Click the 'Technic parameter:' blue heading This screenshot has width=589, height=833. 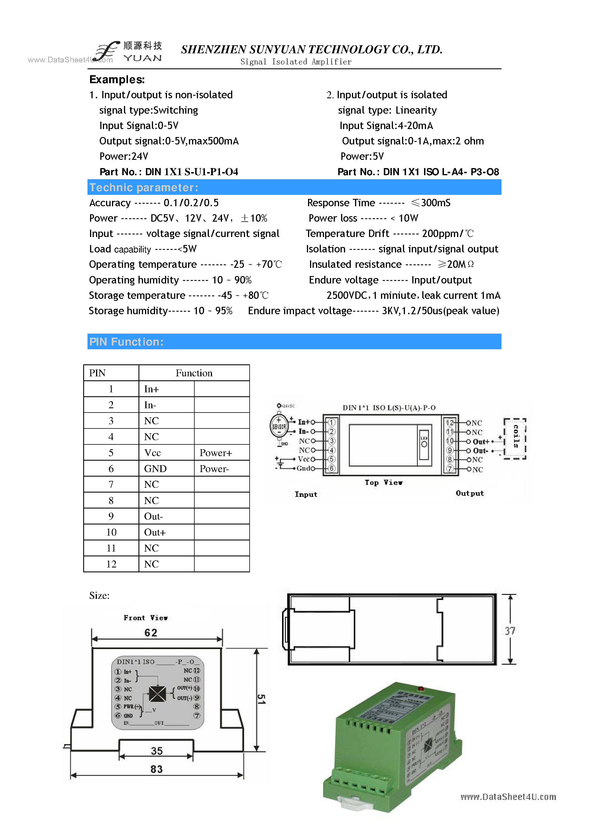pos(144,187)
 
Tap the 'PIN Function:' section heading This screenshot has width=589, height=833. pos(126,342)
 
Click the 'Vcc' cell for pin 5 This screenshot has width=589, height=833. pos(152,453)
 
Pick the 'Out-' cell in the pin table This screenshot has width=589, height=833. pos(154,516)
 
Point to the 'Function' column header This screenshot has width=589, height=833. pos(194,373)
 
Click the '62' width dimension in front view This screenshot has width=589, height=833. pos(151,633)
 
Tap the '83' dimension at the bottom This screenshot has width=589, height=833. pos(156,769)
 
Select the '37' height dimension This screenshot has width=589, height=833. pos(510,631)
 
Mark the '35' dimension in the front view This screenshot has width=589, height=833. pos(157,751)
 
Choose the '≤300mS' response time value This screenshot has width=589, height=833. pos(431,203)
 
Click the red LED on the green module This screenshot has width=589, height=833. pos(421,688)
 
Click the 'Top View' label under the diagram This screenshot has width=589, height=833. pos(384,483)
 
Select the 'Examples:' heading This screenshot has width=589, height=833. pos(117,79)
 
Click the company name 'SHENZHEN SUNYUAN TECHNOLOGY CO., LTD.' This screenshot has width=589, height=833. pos(311,49)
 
